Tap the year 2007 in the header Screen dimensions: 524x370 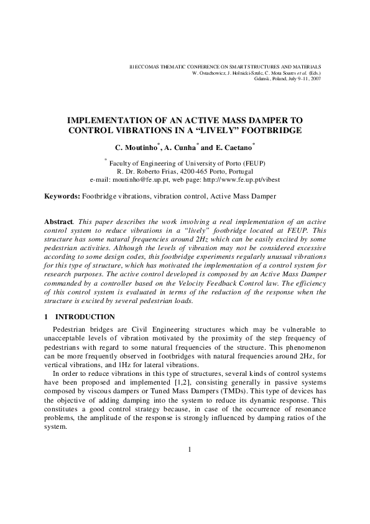tap(315, 79)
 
